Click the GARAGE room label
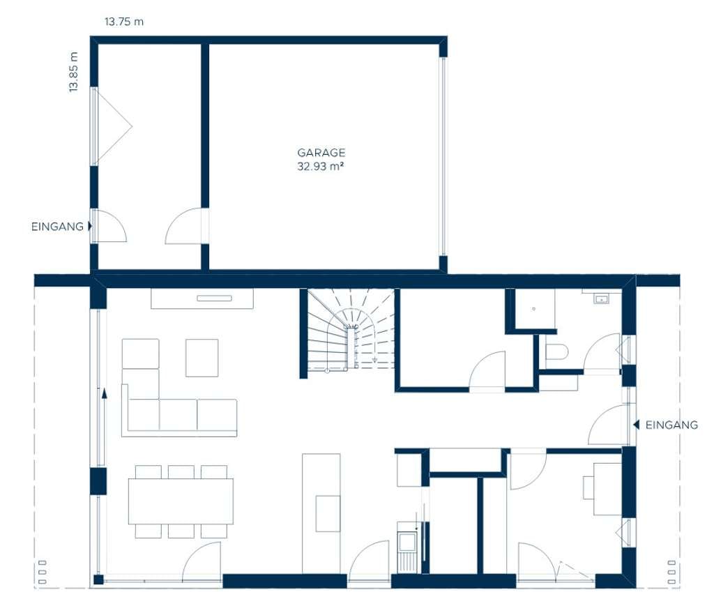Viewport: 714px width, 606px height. point(321,153)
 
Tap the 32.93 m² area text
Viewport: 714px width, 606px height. point(320,166)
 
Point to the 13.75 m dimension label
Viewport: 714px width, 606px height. point(124,22)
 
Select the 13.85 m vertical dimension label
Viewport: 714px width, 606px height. point(73,72)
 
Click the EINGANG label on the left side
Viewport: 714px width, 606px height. point(57,226)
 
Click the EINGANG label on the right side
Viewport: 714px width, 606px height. point(671,425)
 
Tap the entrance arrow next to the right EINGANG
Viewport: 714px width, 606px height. point(636,425)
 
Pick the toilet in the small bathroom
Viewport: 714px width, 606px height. point(556,351)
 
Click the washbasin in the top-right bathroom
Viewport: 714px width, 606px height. point(601,299)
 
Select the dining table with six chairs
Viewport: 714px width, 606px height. point(181,501)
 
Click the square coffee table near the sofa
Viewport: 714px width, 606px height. point(202,358)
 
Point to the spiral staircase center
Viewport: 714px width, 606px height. point(351,327)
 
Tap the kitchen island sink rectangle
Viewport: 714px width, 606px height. point(328,513)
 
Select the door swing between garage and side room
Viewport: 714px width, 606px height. point(183,226)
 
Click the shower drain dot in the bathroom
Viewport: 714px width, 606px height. point(533,309)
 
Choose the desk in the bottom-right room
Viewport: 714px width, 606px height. point(607,489)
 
